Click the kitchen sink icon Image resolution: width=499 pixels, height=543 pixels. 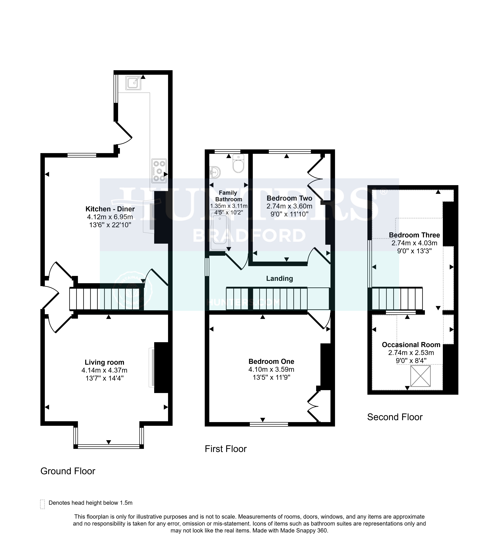click(133, 83)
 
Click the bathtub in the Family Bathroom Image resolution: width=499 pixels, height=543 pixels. click(220, 230)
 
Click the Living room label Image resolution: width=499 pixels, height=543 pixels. click(104, 362)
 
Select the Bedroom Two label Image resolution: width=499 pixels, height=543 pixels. click(289, 198)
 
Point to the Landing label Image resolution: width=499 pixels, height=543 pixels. click(279, 279)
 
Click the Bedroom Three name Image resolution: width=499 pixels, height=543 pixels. click(414, 235)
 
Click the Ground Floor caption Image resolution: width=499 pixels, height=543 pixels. click(68, 471)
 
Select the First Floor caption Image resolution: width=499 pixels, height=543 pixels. click(226, 449)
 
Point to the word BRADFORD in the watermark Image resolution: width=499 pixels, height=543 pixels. click(249, 236)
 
